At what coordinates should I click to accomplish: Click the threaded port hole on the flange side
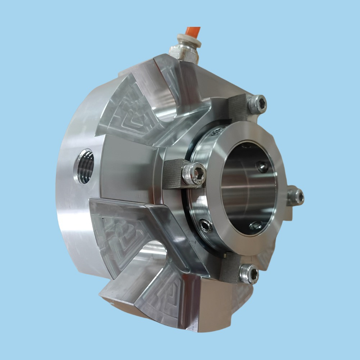point(85,166)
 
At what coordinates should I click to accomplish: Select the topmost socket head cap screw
point(257,104)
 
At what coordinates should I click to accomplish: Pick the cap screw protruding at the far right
point(295,196)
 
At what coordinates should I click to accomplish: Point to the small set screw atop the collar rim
point(217,131)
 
